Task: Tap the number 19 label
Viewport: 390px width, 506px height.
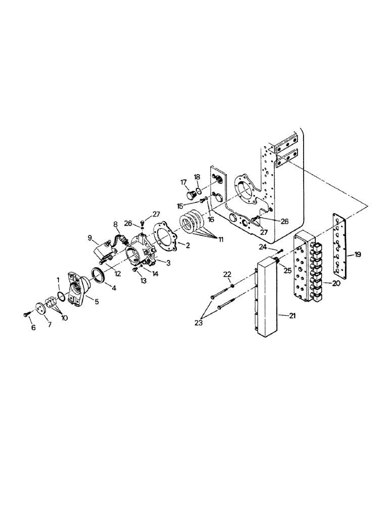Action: point(357,255)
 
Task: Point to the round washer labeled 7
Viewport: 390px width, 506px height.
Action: point(39,309)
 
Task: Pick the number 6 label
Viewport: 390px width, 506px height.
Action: point(33,328)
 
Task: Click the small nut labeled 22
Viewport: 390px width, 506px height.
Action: point(231,287)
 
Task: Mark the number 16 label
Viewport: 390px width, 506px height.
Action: point(211,220)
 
